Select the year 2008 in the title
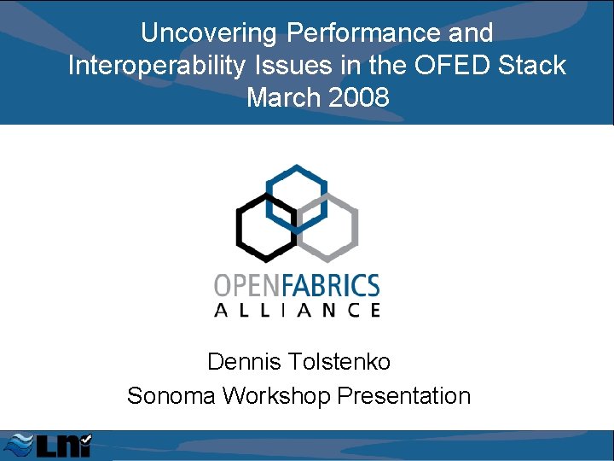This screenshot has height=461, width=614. click(x=357, y=98)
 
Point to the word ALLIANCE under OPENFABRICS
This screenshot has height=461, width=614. click(x=297, y=311)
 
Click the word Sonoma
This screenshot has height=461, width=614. click(x=172, y=396)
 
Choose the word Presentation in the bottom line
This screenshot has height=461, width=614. click(x=404, y=396)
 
